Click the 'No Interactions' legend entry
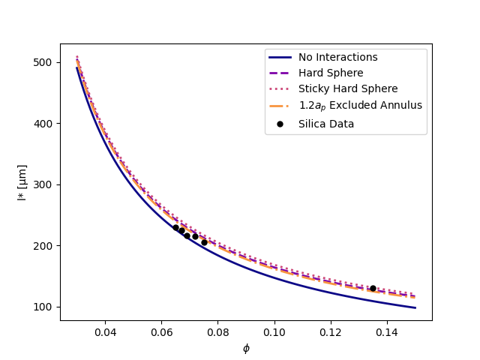pos(337,58)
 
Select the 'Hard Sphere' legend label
pos(331,73)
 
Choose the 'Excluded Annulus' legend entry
pos(360,106)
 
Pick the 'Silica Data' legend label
pos(326,124)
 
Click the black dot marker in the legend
pos(280,124)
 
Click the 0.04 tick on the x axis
pos(105,332)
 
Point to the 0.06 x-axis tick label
pos(161,332)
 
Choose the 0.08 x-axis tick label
pos(217,332)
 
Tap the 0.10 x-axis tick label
pos(274,332)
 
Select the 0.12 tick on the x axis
pos(331,332)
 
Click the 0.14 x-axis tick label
pos(387,332)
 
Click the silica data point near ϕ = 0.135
pos(373,288)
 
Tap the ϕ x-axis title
pos(246,348)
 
